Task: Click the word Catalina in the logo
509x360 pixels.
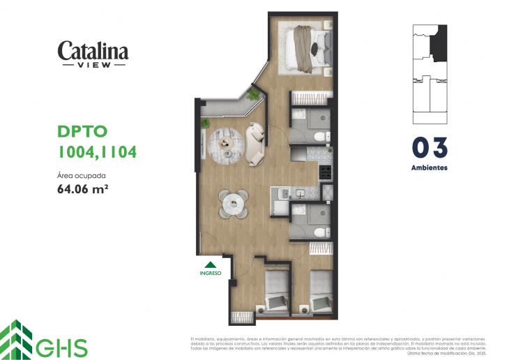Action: (x=93, y=50)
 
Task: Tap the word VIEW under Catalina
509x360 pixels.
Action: (x=93, y=64)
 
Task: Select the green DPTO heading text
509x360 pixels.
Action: (x=82, y=132)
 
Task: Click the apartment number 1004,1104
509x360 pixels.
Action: (x=96, y=151)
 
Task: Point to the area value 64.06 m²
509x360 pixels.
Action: (x=82, y=188)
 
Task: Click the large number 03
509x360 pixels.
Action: (x=429, y=148)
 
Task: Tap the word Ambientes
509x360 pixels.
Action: (x=429, y=168)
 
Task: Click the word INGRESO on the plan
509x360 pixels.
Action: (x=210, y=273)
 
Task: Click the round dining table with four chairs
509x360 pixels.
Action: (x=233, y=204)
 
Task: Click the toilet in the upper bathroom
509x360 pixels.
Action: (x=319, y=135)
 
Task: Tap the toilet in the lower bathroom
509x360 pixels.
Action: (x=319, y=232)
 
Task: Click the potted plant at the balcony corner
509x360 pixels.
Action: (x=254, y=94)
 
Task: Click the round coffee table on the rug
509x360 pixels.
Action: (x=227, y=142)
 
